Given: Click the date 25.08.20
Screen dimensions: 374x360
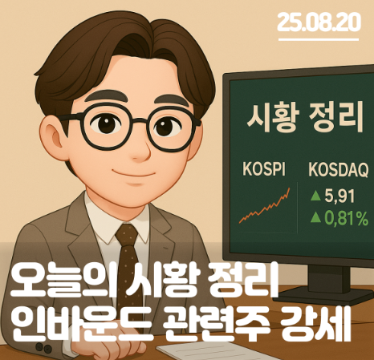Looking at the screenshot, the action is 319,22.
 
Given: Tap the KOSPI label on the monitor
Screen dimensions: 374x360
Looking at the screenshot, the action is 264,169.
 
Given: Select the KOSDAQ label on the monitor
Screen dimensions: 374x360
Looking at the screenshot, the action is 339,170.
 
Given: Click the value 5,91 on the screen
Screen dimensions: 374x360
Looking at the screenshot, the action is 339,196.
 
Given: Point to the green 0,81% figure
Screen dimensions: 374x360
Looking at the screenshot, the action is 347,218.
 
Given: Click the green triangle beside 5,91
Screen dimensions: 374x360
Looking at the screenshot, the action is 315,196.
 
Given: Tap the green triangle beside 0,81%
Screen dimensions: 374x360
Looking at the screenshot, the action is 315,217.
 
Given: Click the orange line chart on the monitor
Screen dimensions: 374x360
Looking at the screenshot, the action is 264,205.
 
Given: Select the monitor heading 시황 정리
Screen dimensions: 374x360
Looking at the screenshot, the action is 305,117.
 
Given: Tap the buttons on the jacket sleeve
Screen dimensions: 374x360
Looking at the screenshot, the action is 43,347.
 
